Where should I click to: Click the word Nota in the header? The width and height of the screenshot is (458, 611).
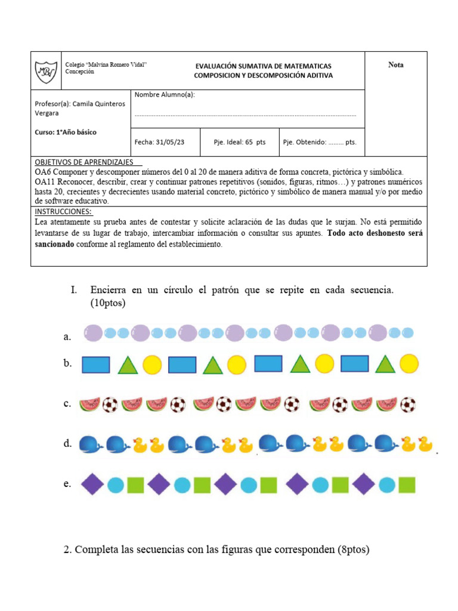click(395, 65)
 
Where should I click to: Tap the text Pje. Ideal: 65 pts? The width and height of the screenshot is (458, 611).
click(239, 143)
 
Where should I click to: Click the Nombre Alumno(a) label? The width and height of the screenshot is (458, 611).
click(165, 95)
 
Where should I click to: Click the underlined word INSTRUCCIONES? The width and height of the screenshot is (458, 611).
click(63, 212)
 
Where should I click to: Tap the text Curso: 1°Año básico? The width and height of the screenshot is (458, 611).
click(66, 132)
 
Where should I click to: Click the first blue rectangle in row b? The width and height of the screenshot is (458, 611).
click(95, 365)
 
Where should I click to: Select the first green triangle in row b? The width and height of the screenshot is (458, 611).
click(128, 365)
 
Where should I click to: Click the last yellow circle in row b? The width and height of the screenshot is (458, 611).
click(409, 363)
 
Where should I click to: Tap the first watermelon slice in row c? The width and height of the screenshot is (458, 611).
click(89, 405)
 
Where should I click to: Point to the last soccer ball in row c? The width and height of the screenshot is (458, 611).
click(407, 405)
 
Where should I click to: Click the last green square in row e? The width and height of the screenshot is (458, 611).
click(407, 485)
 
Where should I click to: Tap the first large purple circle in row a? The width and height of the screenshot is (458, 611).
click(93, 333)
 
